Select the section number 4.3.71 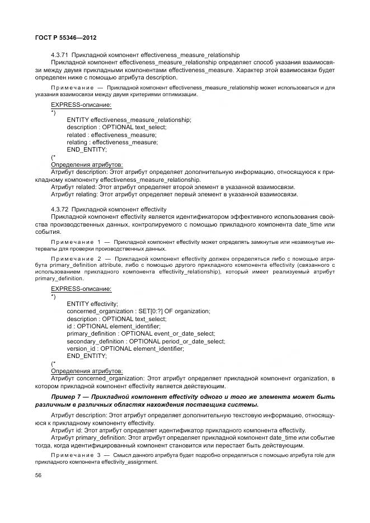pyautogui.click(x=60, y=55)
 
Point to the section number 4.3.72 pyautogui.click(x=60, y=209)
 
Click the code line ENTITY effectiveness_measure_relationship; pyautogui.click(x=129, y=120)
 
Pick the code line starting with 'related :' pyautogui.click(x=111, y=135)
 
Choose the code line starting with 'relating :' pyautogui.click(x=112, y=142)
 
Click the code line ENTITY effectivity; pyautogui.click(x=92, y=303)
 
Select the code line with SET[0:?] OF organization pyautogui.click(x=138, y=311)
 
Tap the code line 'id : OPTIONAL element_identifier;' pyautogui.click(x=114, y=326)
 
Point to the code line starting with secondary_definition pyautogui.click(x=145, y=341)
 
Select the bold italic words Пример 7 pyautogui.click(x=68, y=397)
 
